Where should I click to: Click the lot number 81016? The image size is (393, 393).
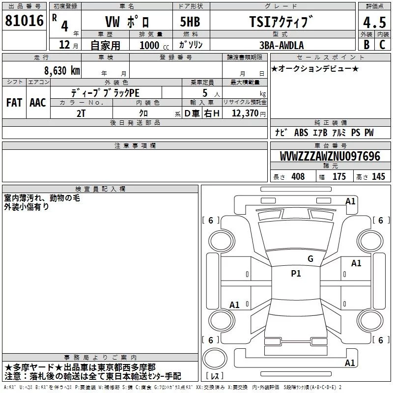coord(24,21)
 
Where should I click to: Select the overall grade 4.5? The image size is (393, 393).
coord(374,22)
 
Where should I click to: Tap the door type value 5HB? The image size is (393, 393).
coord(190,22)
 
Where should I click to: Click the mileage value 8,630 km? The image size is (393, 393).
coord(62,70)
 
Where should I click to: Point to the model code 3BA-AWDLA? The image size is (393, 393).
coord(281,45)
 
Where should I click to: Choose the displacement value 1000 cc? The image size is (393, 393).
coord(154,45)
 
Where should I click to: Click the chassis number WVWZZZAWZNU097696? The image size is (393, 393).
coord(330,156)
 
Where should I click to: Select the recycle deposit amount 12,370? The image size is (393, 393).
coord(245,113)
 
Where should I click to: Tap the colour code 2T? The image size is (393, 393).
coord(81,113)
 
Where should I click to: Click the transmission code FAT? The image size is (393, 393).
coord(14,103)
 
